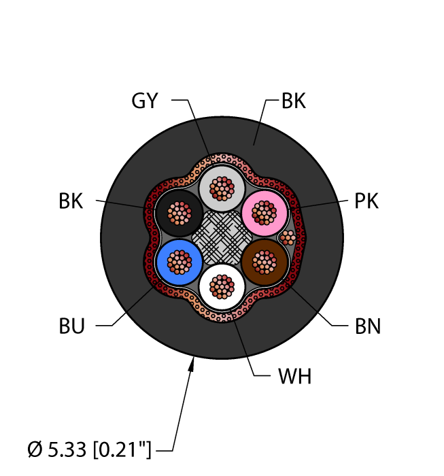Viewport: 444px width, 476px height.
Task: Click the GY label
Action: (x=144, y=101)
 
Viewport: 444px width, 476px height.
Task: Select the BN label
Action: (x=367, y=326)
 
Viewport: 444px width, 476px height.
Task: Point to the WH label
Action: (x=294, y=376)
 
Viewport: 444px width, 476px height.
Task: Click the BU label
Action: (x=71, y=326)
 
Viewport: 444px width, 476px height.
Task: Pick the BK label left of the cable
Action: (x=71, y=201)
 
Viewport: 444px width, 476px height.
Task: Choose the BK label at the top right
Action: (x=293, y=101)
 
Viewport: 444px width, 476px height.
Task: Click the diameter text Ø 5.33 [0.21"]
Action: (x=89, y=449)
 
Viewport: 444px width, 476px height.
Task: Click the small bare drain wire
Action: (x=288, y=237)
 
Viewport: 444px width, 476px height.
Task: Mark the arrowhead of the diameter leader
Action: (x=192, y=365)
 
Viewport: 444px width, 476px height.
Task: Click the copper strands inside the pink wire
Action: (x=264, y=212)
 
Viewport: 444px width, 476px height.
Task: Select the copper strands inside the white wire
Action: (x=222, y=286)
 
